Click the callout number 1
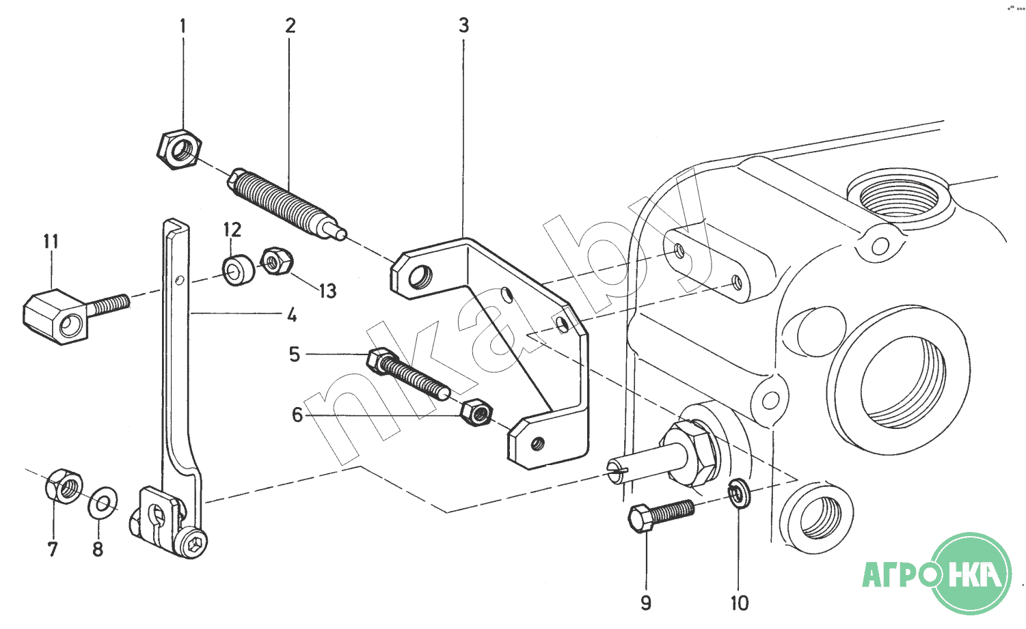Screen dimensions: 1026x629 click(x=183, y=26)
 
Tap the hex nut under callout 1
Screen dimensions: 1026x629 click(x=178, y=150)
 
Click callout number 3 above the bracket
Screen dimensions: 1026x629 click(x=463, y=26)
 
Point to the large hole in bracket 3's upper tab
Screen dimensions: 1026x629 click(x=420, y=277)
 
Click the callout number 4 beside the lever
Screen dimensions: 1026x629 click(x=292, y=315)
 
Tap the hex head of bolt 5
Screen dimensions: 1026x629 click(x=382, y=361)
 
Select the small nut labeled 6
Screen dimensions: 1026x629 click(x=477, y=412)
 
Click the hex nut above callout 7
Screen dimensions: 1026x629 click(x=64, y=486)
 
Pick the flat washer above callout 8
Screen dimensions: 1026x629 click(x=103, y=503)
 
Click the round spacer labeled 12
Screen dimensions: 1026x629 click(x=239, y=270)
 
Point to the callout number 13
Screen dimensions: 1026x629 click(x=328, y=291)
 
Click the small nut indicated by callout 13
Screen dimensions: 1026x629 click(x=277, y=262)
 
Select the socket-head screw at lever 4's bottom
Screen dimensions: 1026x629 click(x=193, y=544)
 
